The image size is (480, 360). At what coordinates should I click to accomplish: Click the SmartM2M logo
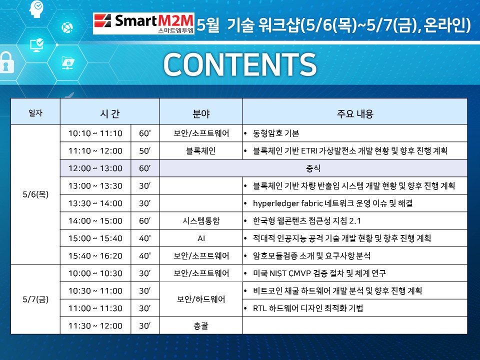pos(143,23)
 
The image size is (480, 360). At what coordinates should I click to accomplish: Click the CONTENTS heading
pos(240,64)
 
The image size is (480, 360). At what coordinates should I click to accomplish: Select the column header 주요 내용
pos(355,113)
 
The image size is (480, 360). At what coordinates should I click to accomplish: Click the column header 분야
pos(201,113)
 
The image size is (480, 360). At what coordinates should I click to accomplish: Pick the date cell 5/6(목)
pos(35,194)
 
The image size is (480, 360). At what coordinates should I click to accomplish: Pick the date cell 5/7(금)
pos(35,299)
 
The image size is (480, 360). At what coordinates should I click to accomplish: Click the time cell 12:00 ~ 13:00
pos(95,168)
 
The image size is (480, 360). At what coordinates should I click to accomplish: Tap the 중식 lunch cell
pos(313,168)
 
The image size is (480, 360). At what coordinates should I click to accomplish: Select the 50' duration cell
pos(145,150)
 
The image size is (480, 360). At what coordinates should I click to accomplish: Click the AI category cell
pos(201,238)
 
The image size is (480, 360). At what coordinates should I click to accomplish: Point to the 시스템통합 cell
pos(201,220)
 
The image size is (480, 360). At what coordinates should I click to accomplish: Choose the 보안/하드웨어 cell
pos(201,299)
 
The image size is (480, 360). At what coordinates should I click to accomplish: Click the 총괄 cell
pos(201,325)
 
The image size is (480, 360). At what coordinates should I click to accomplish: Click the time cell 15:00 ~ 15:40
pos(95,238)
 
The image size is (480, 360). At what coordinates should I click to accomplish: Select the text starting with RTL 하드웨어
pos(308,308)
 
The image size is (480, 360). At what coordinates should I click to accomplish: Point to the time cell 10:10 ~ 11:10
pos(95,133)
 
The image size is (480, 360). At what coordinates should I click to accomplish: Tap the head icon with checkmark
pos(36,9)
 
